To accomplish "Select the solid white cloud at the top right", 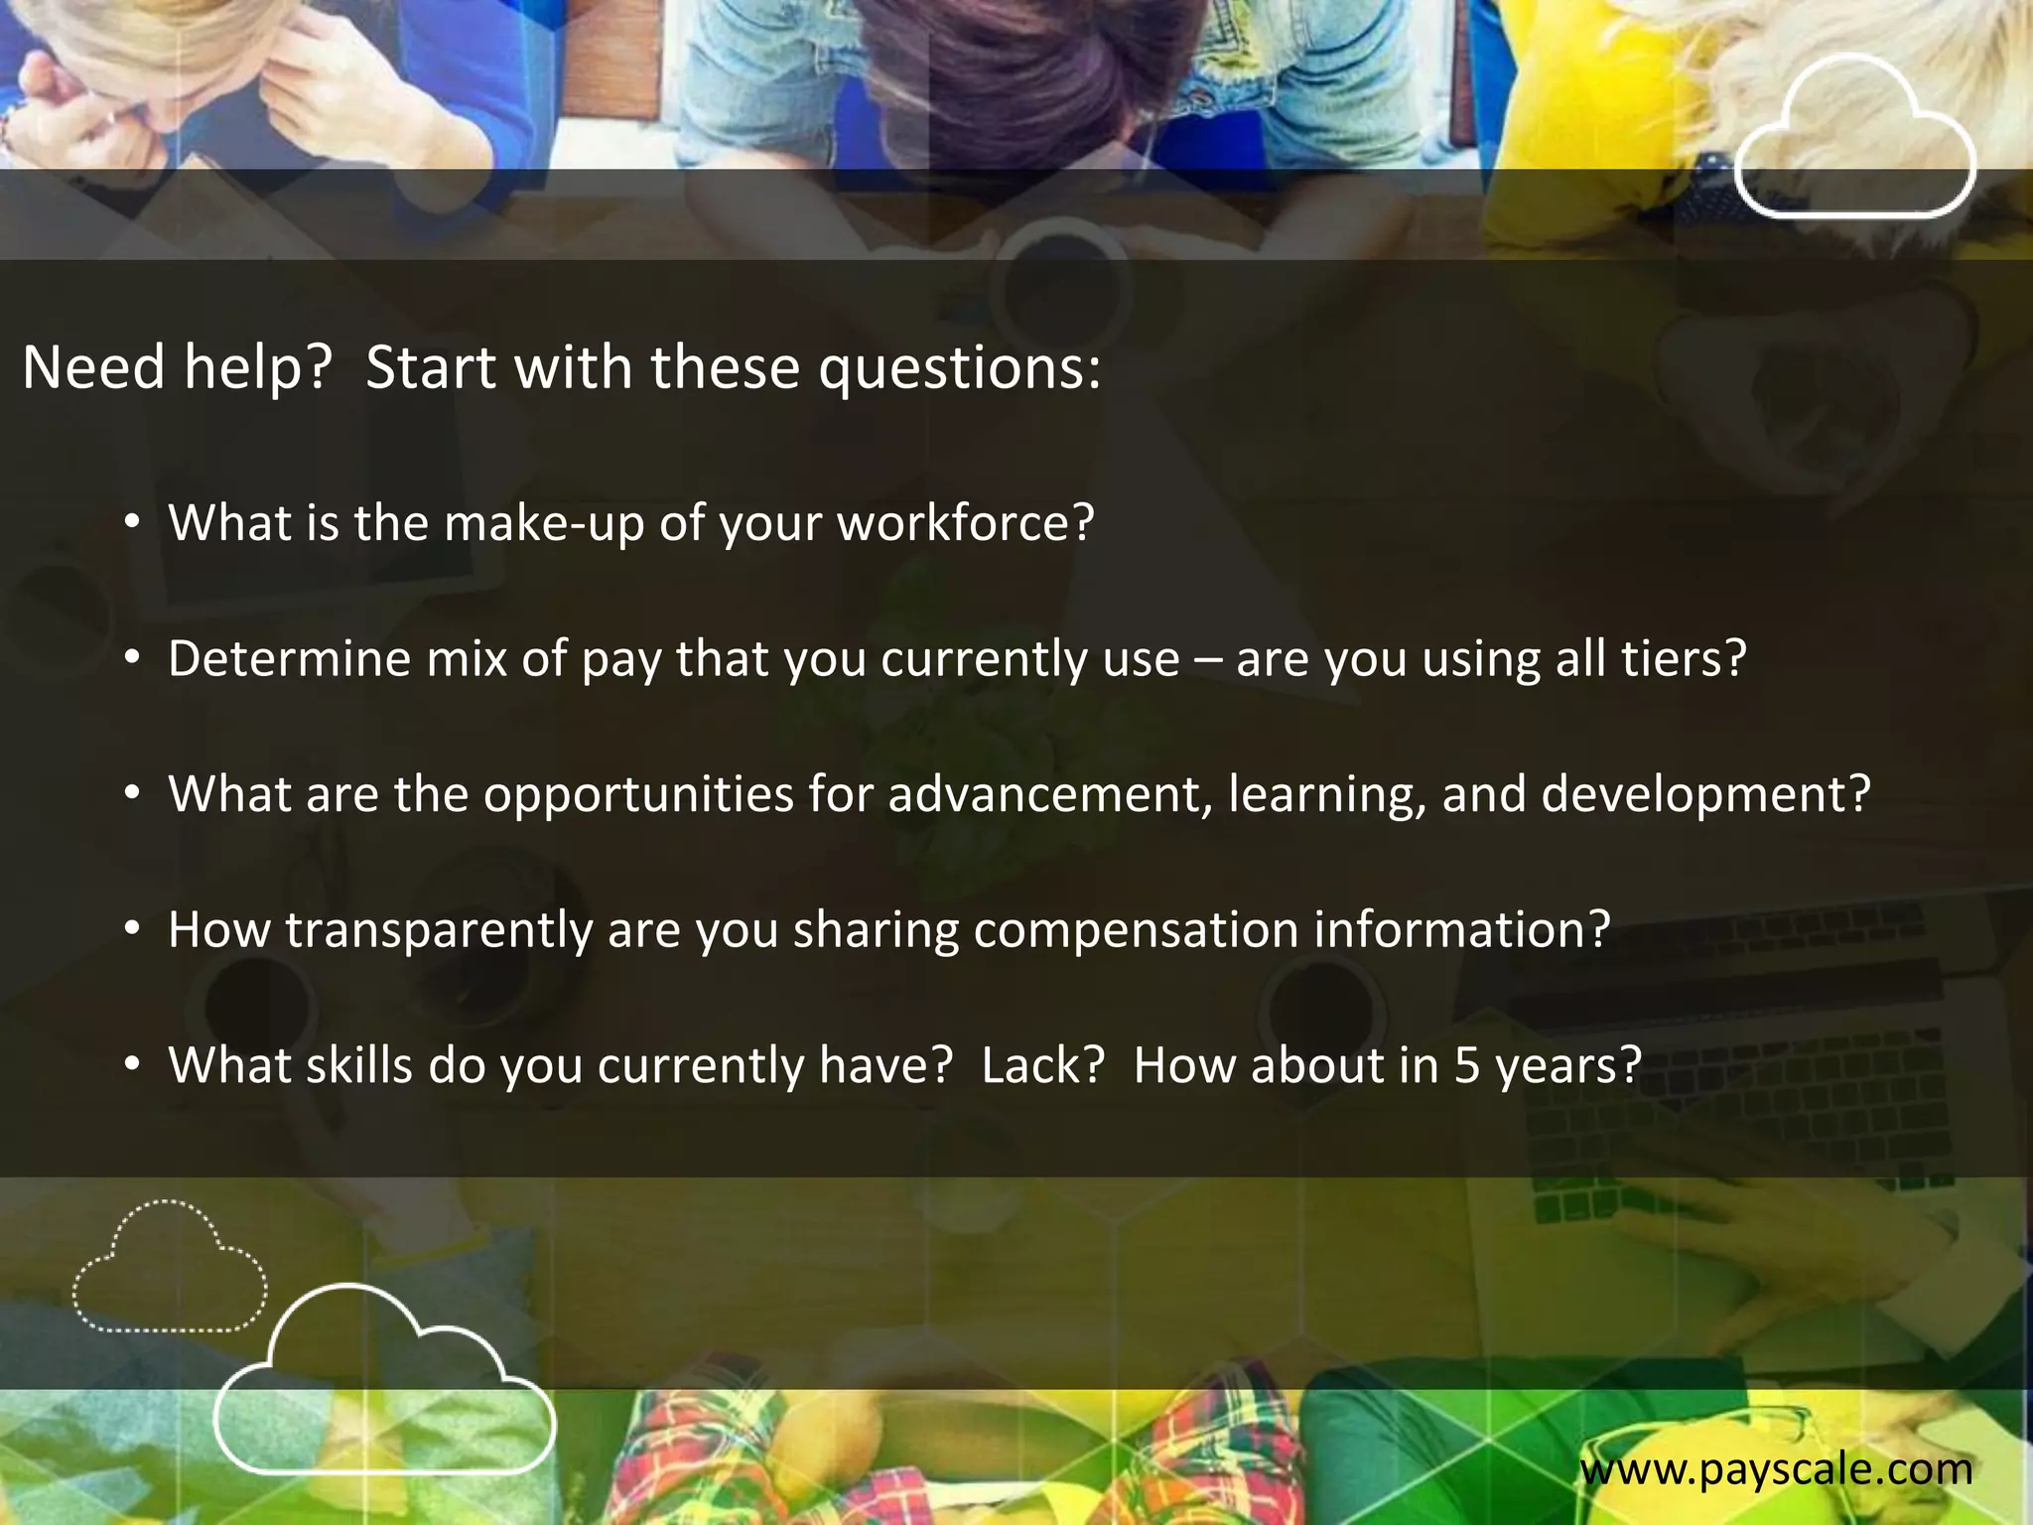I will [x=1854, y=139].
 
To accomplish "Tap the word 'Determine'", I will [x=289, y=658].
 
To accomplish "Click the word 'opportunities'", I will [x=638, y=794].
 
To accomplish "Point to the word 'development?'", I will [x=1705, y=794].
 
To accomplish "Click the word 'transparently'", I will [x=439, y=930].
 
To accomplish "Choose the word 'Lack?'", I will [x=1042, y=1065].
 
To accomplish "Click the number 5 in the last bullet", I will [x=1467, y=1065].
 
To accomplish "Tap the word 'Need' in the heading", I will [x=93, y=367].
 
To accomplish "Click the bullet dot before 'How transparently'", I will [x=132, y=929].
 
